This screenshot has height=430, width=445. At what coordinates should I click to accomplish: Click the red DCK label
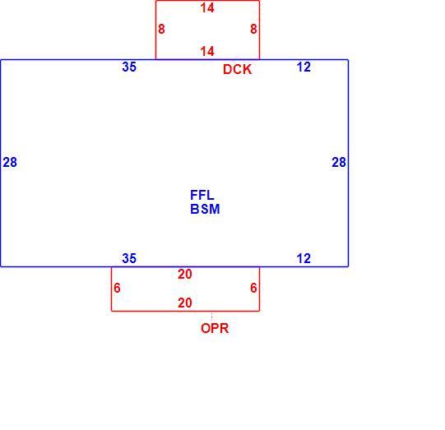(x=237, y=70)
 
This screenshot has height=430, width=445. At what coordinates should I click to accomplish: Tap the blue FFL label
(x=202, y=195)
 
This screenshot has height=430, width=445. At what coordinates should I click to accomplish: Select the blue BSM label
(x=205, y=209)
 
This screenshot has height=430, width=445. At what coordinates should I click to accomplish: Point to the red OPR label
(x=215, y=328)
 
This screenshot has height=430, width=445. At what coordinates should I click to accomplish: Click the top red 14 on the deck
(x=207, y=8)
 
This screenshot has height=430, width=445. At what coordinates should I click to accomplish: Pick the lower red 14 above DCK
(x=207, y=52)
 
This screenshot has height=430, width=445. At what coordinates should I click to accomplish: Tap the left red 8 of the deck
(x=161, y=29)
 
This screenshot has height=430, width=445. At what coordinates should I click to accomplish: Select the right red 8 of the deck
(x=253, y=29)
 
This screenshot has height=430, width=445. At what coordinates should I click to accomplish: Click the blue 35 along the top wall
(x=129, y=67)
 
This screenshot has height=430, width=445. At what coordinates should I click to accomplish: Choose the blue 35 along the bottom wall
(x=129, y=258)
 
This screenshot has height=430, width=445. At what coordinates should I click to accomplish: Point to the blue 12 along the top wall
(x=304, y=67)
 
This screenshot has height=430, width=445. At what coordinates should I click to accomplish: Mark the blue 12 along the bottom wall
(x=304, y=258)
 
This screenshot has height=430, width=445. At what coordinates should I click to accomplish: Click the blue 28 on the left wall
(x=10, y=162)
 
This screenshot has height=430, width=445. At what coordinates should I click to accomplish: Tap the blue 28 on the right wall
(x=339, y=162)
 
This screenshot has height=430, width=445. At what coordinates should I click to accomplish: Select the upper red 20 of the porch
(x=185, y=275)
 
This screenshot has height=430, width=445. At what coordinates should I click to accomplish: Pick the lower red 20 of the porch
(x=185, y=303)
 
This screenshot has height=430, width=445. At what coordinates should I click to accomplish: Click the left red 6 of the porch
(x=117, y=288)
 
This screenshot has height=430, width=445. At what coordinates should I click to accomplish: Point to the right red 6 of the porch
(x=253, y=288)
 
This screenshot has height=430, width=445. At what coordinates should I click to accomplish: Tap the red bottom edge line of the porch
(x=185, y=311)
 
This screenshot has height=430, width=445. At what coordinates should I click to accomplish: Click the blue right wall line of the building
(x=348, y=163)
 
